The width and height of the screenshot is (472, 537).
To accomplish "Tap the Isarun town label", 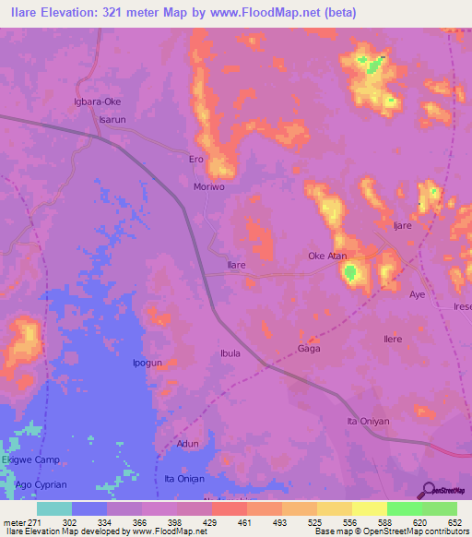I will [x=112, y=120].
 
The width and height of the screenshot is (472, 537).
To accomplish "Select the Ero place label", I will [x=195, y=160].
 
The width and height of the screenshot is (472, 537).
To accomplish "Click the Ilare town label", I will [x=236, y=265].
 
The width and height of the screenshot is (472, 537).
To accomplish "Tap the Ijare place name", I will [x=402, y=225].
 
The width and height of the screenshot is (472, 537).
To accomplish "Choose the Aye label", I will [x=417, y=294].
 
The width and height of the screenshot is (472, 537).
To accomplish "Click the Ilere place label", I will [x=393, y=340].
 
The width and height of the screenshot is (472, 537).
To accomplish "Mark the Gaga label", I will [x=308, y=349].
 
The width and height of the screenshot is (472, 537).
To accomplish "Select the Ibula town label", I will [x=230, y=353].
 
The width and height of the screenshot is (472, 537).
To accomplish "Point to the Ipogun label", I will [x=147, y=364].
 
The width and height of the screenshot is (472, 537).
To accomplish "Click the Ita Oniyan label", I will [x=364, y=422].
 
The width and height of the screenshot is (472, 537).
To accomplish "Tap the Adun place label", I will [x=188, y=444].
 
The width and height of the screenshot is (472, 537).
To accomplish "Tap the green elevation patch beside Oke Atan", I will [x=350, y=272].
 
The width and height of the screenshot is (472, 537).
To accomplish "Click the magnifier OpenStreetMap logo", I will [x=428, y=489].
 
